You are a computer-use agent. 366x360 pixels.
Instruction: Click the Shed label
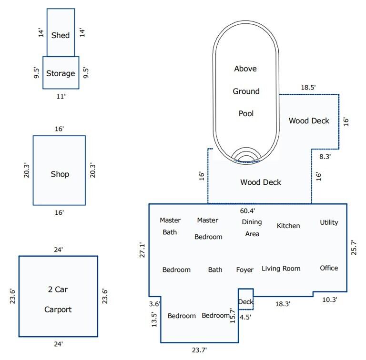pyautogui.click(x=61, y=35)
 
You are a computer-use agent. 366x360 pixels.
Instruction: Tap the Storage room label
pyautogui.click(x=61, y=73)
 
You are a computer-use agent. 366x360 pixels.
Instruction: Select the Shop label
pyautogui.click(x=60, y=174)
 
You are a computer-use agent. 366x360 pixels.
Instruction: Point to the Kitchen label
pyautogui.click(x=288, y=225)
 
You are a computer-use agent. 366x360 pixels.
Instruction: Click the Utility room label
pyautogui.click(x=329, y=222)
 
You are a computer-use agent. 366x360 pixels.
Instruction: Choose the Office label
pyautogui.click(x=329, y=268)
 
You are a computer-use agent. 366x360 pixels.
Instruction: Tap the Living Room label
pyautogui.click(x=281, y=269)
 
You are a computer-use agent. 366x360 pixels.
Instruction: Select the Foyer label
pyautogui.click(x=245, y=270)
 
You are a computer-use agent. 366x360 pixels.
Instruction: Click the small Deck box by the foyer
pyautogui.click(x=245, y=301)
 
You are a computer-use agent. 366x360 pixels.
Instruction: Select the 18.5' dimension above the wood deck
pyautogui.click(x=308, y=88)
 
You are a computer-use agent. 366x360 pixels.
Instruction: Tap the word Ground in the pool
pyautogui.click(x=246, y=91)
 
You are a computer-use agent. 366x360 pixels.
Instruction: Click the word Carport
pyautogui.click(x=58, y=310)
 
